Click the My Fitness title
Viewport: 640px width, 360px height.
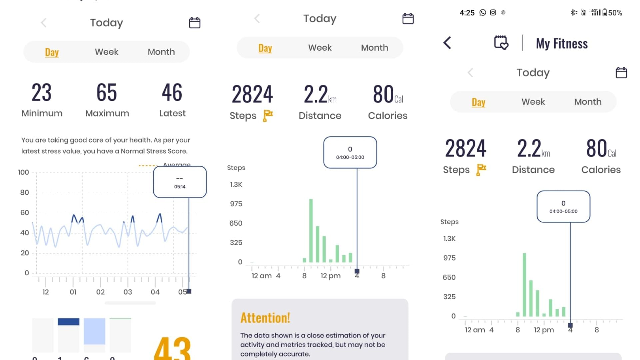[562, 44]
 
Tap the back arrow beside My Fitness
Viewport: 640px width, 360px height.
[447, 43]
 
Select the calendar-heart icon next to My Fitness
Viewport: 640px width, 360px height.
[501, 43]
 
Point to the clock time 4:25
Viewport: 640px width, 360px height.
[467, 13]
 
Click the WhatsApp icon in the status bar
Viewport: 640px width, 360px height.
[483, 13]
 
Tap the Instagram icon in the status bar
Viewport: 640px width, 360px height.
[493, 13]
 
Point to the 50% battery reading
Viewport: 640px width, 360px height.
[615, 13]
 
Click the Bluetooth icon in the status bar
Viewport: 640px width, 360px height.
[573, 13]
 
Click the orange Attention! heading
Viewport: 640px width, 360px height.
[265, 318]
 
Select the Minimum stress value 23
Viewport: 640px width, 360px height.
[42, 93]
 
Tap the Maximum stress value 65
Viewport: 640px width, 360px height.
[107, 93]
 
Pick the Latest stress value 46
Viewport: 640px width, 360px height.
[172, 93]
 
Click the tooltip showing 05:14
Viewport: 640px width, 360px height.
[180, 182]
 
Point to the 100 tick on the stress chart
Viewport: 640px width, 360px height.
[23, 172]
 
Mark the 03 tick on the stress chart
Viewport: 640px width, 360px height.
[128, 292]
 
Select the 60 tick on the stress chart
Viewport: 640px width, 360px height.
[24, 213]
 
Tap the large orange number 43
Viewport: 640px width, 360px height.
[172, 348]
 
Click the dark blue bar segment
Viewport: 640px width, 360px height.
[68, 322]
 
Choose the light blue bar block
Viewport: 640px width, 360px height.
[94, 331]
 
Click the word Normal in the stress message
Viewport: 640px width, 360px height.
[133, 151]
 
